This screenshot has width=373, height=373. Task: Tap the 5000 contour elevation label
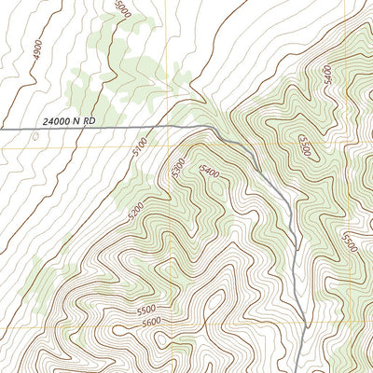[119, 8]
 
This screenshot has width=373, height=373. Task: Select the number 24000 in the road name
[60, 118]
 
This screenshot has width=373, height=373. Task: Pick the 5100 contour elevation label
[141, 146]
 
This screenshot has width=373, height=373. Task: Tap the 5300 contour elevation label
[178, 168]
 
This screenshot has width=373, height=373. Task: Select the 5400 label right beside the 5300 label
[209, 173]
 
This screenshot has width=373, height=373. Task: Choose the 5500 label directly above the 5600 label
[145, 309]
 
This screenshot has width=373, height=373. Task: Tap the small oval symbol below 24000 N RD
[35, 136]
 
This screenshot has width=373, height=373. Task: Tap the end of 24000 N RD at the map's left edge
[1, 129]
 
